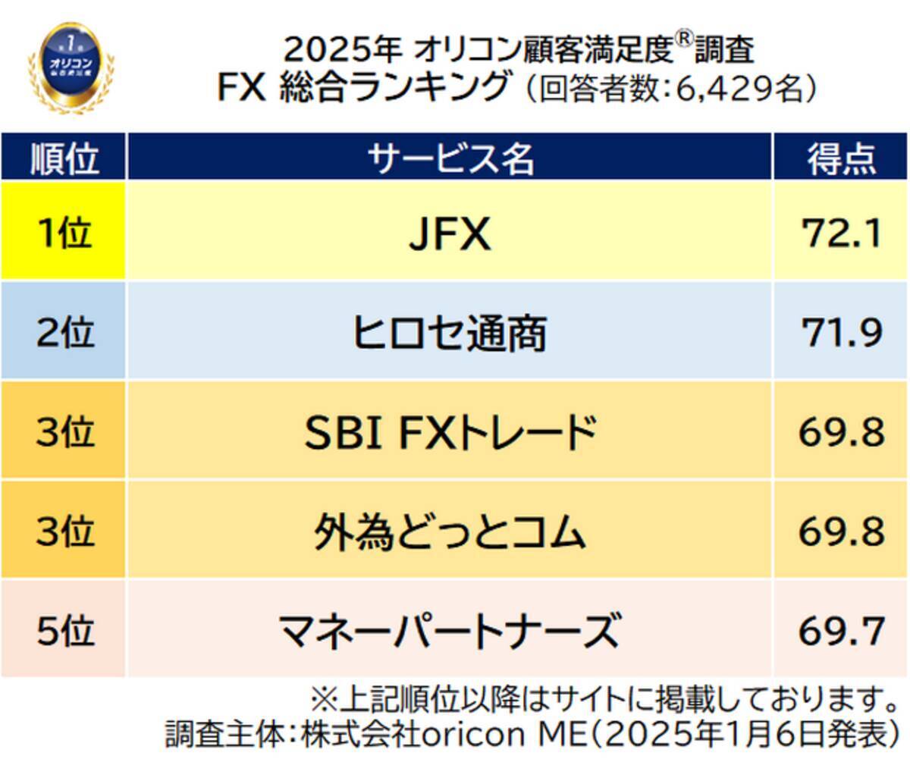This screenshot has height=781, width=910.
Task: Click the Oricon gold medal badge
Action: (71, 66)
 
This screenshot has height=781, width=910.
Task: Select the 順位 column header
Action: (64, 158)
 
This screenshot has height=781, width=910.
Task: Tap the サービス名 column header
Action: (450, 158)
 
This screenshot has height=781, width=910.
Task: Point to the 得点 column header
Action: (841, 158)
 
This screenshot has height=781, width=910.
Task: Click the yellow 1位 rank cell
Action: (64, 231)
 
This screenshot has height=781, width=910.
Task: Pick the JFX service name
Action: (450, 234)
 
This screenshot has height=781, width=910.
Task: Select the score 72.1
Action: (841, 233)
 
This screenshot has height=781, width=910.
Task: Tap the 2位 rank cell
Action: (64, 332)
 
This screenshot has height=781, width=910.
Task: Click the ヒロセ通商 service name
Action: (450, 333)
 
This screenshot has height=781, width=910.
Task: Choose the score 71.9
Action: (841, 332)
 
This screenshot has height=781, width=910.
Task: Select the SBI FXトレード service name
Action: (450, 432)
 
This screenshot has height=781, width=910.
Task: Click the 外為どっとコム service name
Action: (450, 532)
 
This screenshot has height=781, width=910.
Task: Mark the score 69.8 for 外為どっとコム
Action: (841, 532)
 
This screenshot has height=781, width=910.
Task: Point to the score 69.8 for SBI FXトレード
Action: (841, 432)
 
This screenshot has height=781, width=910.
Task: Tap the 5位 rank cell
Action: (64, 630)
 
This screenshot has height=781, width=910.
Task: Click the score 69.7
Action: (841, 630)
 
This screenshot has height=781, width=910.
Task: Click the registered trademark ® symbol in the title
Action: (684, 41)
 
